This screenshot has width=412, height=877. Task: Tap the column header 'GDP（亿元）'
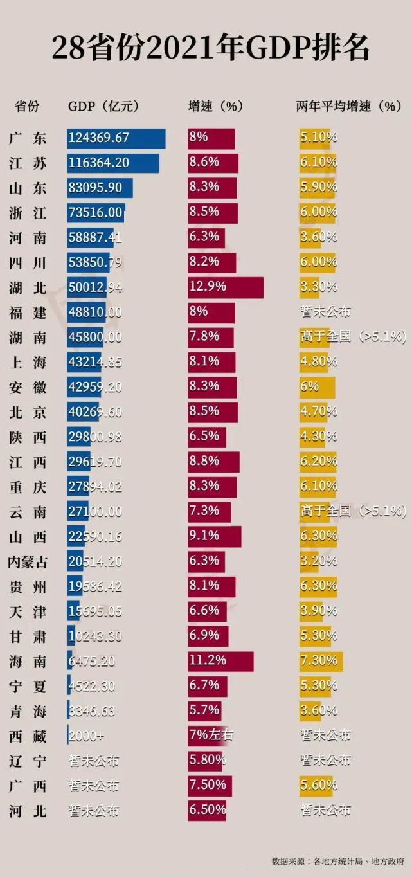pyautogui.click(x=103, y=107)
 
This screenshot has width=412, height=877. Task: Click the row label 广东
pyautogui.click(x=28, y=138)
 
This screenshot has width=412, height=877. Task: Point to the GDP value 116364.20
pyautogui.click(x=99, y=163)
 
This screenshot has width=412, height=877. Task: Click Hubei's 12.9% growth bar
pyautogui.click(x=225, y=287)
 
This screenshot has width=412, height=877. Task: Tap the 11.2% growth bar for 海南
pyautogui.click(x=220, y=661)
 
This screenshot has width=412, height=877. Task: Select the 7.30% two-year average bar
pyautogui.click(x=321, y=661)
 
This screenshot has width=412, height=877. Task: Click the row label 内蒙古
pyautogui.click(x=27, y=561)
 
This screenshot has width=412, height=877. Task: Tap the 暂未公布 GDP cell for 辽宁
pyautogui.click(x=94, y=761)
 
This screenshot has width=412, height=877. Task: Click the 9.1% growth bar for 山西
pyautogui.click(x=215, y=536)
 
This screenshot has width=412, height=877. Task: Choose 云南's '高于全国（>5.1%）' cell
pyautogui.click(x=353, y=512)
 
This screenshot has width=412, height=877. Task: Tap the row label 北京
pyautogui.click(x=28, y=412)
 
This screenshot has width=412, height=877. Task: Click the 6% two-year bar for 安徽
pyautogui.click(x=318, y=387)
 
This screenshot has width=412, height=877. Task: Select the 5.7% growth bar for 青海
pyautogui.click(x=205, y=710)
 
